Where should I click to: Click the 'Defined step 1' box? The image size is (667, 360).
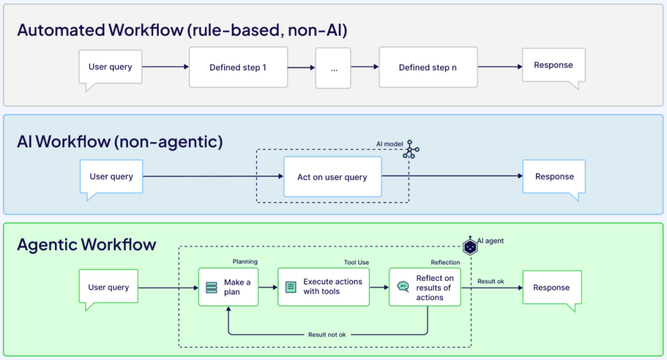tap(238, 67)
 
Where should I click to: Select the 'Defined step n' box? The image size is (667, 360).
tap(428, 67)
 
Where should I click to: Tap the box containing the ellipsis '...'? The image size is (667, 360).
tap(333, 68)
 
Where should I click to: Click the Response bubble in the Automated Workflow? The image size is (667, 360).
tap(553, 65)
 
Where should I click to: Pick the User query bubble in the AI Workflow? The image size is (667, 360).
tap(111, 177)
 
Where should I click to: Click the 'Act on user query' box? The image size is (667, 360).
tap(332, 177)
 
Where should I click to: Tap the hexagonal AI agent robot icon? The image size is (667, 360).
tap(471, 246)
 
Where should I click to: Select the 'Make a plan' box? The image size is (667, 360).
tap(229, 287)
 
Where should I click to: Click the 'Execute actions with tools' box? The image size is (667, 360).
tap(324, 287)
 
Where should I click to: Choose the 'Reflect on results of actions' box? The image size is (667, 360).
tap(425, 287)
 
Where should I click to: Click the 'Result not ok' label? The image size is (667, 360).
tap(327, 335)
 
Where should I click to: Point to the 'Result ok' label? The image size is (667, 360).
tap(490, 282)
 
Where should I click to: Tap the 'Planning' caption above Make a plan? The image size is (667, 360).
tap(245, 262)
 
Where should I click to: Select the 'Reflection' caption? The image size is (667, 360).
tap(445, 262)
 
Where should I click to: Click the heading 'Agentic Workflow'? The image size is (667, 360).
tap(86, 245)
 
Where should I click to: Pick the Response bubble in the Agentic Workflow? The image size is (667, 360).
tap(552, 288)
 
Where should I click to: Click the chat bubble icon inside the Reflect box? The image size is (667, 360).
tap(403, 287)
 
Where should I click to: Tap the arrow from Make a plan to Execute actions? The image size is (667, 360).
tap(268, 287)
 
